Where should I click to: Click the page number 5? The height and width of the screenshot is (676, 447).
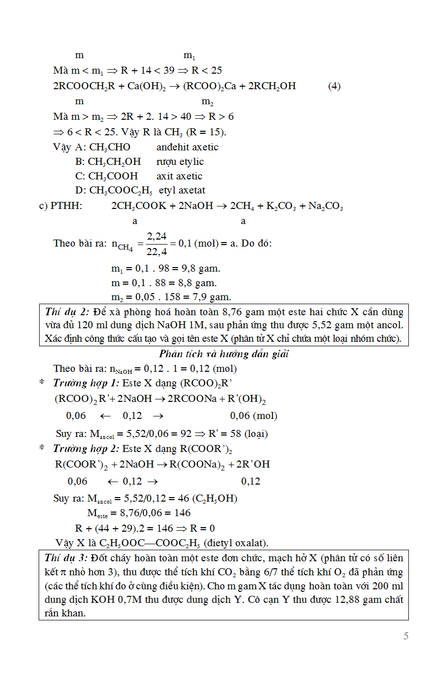(406, 636)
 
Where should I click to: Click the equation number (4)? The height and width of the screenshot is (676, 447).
(334, 86)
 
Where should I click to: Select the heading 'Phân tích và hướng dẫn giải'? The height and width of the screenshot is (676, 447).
(224, 354)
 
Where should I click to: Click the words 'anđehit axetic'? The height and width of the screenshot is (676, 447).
(187, 147)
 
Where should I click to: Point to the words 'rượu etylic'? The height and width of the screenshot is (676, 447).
(180, 161)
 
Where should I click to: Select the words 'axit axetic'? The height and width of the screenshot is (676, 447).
(179, 176)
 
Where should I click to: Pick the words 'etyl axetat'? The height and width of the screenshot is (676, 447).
(182, 190)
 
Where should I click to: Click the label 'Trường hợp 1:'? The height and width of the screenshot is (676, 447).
(86, 383)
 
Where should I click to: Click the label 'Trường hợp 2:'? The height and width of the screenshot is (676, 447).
(86, 448)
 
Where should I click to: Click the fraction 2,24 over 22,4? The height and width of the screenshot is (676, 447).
(157, 244)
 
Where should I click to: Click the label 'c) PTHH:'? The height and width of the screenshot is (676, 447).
(61, 206)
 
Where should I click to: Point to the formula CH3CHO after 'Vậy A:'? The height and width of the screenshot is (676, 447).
(109, 147)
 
